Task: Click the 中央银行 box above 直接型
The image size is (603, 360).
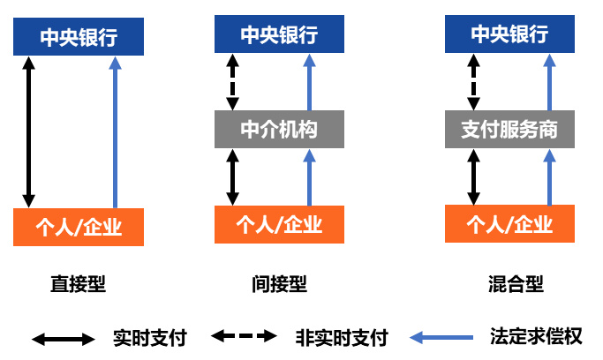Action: click(79, 37)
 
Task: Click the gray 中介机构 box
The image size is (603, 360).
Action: click(279, 130)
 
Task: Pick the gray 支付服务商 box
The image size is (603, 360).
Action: click(509, 130)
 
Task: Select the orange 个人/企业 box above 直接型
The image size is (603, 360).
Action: click(79, 227)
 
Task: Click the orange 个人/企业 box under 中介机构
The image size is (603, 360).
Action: click(279, 224)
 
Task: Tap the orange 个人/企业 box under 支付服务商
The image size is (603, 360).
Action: click(509, 224)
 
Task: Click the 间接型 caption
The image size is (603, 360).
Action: click(279, 283)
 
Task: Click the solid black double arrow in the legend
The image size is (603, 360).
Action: click(63, 338)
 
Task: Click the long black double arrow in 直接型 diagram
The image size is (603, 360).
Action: click(28, 131)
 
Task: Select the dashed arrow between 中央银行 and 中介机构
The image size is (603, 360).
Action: click(232, 80)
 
